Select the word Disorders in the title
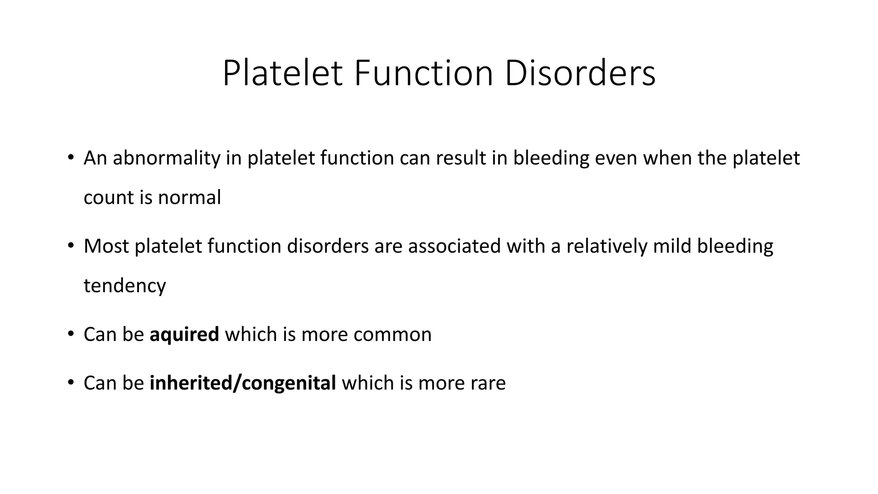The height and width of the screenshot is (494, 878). pos(580,74)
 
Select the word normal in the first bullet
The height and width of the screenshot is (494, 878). pos(189,198)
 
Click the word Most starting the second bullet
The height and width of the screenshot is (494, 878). pos(106,247)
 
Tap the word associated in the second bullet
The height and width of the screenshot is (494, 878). pos(454,247)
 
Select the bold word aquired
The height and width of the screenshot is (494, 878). pos(184,335)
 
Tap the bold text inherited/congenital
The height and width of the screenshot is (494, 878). pos(243,383)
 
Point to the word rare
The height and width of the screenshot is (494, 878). pos(488,383)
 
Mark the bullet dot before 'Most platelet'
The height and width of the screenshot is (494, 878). pos(71,245)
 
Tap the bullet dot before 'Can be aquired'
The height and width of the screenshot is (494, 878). pos(71,333)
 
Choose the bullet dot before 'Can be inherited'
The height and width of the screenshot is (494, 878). pos(71,382)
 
